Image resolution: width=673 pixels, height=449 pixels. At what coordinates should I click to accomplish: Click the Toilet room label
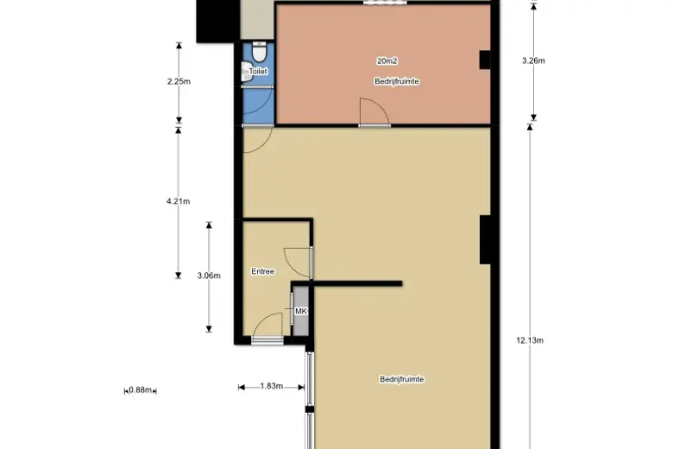click(x=258, y=72)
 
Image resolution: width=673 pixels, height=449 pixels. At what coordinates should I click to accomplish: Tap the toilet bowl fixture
click(x=259, y=52)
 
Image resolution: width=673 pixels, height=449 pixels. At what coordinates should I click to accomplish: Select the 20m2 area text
click(x=387, y=61)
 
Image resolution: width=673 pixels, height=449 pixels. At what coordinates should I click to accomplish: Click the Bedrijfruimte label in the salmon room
click(x=397, y=81)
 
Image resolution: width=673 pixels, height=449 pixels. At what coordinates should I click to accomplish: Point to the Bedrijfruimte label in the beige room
click(x=402, y=379)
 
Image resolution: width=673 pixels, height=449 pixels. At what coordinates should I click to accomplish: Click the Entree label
click(x=262, y=271)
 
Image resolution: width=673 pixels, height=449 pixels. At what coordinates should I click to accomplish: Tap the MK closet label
click(x=301, y=311)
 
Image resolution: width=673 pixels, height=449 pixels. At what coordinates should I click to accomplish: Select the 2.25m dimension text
click(x=179, y=81)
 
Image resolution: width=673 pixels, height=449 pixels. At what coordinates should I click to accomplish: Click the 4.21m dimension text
click(x=178, y=201)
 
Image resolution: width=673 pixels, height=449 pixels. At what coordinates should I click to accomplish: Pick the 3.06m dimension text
click(x=209, y=275)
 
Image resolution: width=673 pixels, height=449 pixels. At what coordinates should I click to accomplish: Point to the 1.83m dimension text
click(x=271, y=386)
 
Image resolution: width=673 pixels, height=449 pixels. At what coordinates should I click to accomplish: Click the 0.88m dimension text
click(x=141, y=389)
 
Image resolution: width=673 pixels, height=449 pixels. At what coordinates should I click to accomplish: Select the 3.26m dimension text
click(x=533, y=60)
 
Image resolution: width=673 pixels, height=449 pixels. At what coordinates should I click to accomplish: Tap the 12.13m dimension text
click(x=530, y=340)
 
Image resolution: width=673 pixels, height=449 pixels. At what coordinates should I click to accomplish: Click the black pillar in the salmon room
click(x=485, y=60)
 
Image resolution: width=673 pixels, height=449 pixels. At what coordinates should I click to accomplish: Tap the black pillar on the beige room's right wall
click(x=486, y=239)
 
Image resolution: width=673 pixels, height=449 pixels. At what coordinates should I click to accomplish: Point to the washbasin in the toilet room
click(x=246, y=72)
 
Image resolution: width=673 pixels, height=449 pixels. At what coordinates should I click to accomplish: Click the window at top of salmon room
click(x=385, y=2)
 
